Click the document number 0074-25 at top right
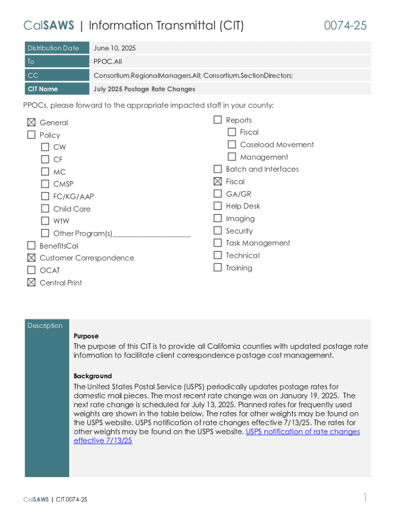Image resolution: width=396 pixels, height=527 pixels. click(345, 26)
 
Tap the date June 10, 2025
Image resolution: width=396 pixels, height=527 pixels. click(115, 48)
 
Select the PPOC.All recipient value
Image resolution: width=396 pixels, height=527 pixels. click(107, 62)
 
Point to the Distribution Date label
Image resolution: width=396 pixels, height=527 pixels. click(53, 48)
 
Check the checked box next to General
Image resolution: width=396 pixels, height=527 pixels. click(31, 122)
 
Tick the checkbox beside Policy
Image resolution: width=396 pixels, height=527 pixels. click(31, 135)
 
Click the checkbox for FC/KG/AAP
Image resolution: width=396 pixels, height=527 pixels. click(45, 196)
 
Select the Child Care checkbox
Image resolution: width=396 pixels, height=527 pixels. click(45, 208)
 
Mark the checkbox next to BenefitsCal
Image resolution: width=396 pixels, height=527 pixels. click(31, 245)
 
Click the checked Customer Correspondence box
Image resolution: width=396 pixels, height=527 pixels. click(31, 258)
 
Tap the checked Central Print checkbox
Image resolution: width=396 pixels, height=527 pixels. click(31, 283)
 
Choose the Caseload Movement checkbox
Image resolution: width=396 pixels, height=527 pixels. click(232, 145)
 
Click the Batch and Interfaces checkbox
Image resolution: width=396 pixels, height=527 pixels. click(218, 169)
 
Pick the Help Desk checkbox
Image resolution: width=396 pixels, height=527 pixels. click(218, 206)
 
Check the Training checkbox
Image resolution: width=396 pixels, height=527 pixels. click(218, 268)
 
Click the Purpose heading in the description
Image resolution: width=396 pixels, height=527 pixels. click(86, 336)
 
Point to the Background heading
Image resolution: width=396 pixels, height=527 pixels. click(93, 376)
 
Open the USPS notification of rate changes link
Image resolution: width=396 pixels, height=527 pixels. click(302, 432)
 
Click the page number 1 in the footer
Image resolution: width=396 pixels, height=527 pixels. click(365, 498)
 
